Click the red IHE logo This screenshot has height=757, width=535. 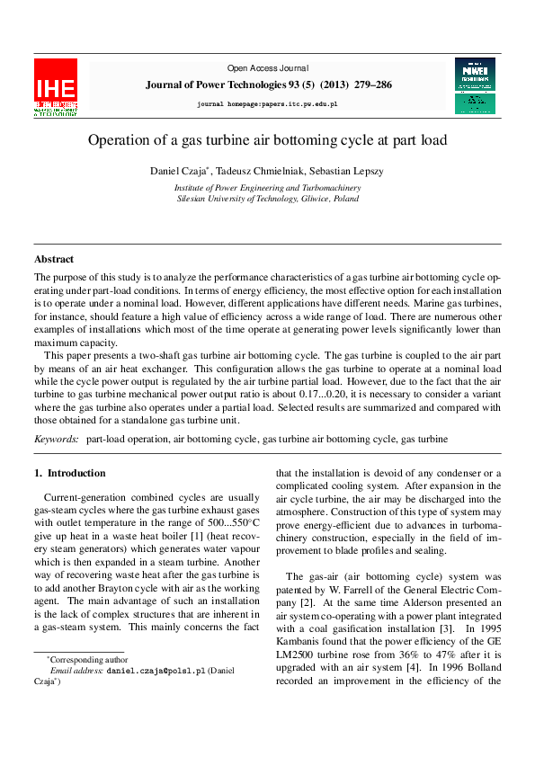pyautogui.click(x=56, y=88)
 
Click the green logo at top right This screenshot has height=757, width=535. pyautogui.click(x=475, y=85)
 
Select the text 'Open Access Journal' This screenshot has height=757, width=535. pyautogui.click(x=267, y=68)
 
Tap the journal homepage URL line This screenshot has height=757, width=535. pyautogui.click(x=267, y=105)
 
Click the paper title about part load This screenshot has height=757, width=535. pyautogui.click(x=267, y=141)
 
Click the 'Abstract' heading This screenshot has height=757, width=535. pyautogui.click(x=54, y=259)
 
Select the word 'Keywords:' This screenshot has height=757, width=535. pyautogui.click(x=56, y=439)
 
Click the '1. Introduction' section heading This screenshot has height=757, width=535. pyautogui.click(x=70, y=473)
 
